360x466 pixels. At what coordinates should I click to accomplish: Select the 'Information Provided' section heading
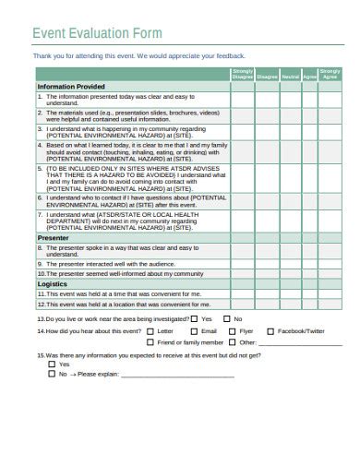coord(70,86)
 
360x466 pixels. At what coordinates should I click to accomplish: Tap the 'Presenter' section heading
coord(53,237)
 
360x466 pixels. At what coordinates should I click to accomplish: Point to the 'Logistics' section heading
coord(52,284)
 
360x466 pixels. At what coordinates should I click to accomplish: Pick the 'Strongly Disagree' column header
coord(242,74)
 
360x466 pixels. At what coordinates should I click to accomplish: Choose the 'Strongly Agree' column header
coord(330,74)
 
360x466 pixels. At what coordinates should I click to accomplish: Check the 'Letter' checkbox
coord(151,330)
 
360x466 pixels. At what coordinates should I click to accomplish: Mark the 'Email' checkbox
coord(193,330)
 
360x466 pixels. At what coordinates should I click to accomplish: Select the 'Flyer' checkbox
coord(231,330)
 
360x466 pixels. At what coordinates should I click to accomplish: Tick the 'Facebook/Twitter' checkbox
coord(270,330)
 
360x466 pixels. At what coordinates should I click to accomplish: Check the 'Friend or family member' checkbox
coord(151,342)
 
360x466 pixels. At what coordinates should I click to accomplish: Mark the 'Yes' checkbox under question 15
coord(52,364)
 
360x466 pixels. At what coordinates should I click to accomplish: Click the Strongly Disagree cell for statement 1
coord(242,99)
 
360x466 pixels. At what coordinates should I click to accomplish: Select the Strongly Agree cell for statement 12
coord(330,305)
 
